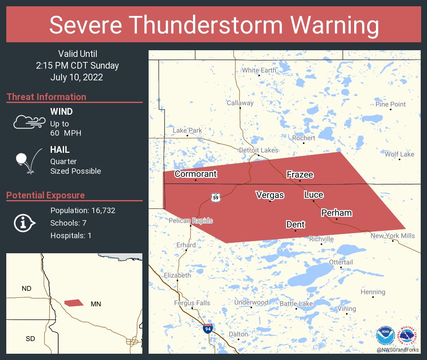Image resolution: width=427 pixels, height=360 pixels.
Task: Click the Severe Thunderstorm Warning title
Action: point(213,25)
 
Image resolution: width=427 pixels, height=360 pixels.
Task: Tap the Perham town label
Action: point(337,213)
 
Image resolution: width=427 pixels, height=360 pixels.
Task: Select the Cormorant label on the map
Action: point(195,174)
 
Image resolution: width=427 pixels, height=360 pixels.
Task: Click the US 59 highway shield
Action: point(215,197)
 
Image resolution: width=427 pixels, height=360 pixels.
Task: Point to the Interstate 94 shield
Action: point(207,328)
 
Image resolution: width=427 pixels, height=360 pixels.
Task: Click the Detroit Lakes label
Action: point(258,150)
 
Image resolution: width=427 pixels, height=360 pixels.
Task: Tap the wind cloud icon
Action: point(29,122)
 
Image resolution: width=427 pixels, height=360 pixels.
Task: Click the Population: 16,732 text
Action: point(82,210)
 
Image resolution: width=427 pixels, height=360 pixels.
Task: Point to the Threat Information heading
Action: point(46,97)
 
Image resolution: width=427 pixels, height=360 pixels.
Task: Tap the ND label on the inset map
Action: point(26,288)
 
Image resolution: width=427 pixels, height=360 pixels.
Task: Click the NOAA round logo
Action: point(385,336)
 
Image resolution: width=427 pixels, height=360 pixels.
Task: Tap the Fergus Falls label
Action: point(192,303)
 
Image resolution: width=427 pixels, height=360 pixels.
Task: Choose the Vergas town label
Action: point(270,195)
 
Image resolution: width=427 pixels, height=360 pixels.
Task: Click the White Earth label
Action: point(259,70)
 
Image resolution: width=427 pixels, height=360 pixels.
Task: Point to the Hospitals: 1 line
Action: point(71,235)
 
